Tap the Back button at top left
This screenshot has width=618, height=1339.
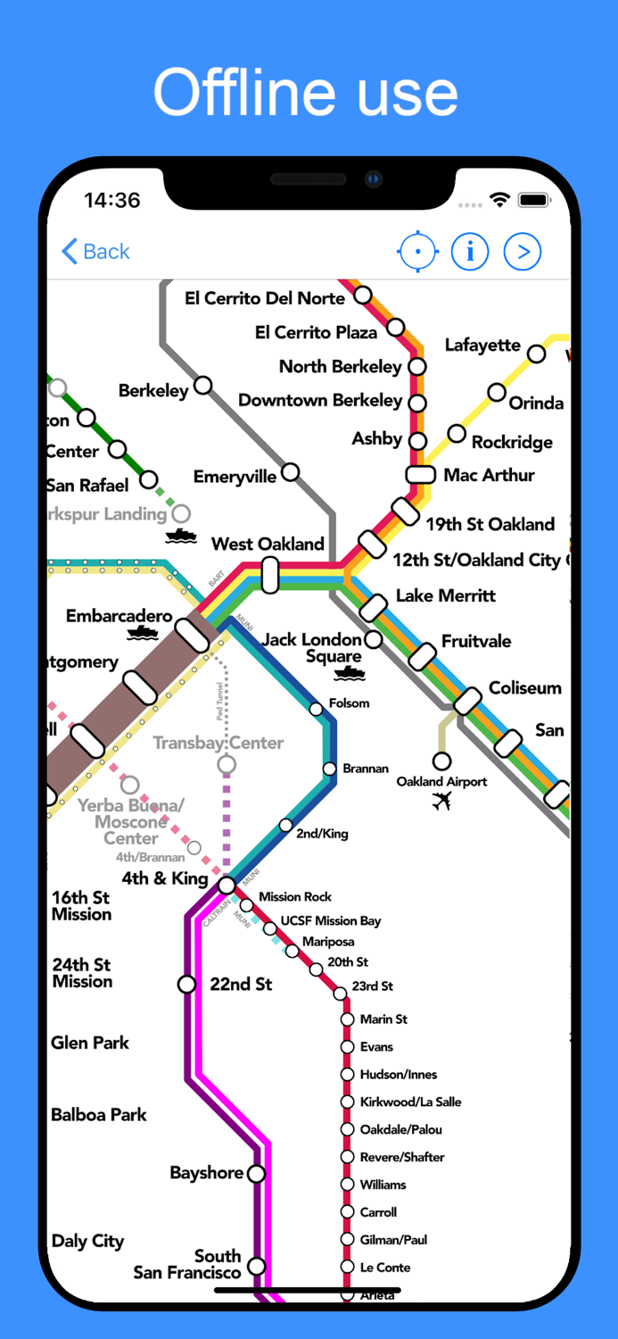point(95,252)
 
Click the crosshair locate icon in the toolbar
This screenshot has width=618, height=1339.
point(417,252)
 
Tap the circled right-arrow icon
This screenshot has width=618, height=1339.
point(523,252)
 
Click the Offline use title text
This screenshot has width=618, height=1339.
point(306,93)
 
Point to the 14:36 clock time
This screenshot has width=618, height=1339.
point(111,200)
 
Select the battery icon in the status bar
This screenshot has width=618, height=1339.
point(534,200)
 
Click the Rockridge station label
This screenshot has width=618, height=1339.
point(512,442)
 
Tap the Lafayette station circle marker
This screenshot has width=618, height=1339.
point(536,353)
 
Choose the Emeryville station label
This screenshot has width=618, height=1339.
point(235,477)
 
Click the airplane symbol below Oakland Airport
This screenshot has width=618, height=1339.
point(441,801)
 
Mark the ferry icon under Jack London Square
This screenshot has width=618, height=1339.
point(349,673)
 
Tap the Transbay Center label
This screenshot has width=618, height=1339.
point(218,743)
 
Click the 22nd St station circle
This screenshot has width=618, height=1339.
point(186,984)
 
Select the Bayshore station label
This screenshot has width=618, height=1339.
point(207,1173)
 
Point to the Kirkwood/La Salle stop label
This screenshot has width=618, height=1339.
point(410,1102)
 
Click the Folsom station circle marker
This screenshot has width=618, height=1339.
point(316,709)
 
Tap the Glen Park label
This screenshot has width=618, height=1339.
point(90,1043)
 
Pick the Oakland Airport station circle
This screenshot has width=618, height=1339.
point(441,761)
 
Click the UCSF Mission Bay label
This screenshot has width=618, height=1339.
point(331,920)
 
